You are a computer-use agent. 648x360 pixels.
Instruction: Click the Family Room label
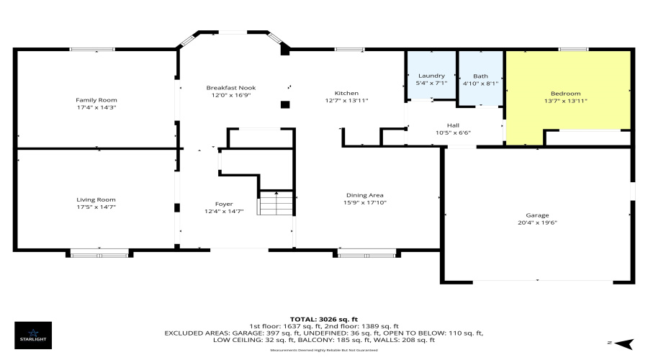click(x=96, y=100)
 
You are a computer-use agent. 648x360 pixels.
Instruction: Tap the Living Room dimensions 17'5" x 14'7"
click(x=96, y=207)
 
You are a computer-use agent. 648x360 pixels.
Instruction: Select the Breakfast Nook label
click(x=231, y=88)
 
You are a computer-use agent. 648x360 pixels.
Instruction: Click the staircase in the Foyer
click(x=276, y=204)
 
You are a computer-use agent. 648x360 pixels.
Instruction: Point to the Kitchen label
click(x=346, y=94)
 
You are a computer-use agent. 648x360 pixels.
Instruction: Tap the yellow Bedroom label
click(x=566, y=94)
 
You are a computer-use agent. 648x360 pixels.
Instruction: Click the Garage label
click(x=537, y=215)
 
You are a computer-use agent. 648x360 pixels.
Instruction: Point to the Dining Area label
click(x=365, y=195)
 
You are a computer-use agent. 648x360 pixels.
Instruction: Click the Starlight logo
click(x=33, y=334)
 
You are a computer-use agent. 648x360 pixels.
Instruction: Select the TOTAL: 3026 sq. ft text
click(x=323, y=318)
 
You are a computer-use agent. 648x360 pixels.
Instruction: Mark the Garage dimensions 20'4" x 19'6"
click(x=537, y=222)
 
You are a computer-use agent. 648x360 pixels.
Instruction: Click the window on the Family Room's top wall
click(x=92, y=49)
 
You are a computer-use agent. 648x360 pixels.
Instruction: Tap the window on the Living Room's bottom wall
click(x=99, y=253)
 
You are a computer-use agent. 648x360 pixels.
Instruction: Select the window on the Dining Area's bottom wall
click(x=366, y=253)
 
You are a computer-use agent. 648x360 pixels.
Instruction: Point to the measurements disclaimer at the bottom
click(x=323, y=350)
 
